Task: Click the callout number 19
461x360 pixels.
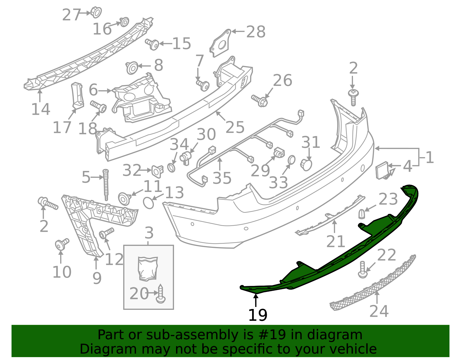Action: point(258,315)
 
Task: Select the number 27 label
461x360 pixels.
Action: point(71,15)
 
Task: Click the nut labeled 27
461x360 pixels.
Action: point(96,12)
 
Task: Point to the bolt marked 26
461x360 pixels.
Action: point(260,101)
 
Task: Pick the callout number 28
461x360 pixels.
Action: point(256,32)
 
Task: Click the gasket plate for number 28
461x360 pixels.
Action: point(221,43)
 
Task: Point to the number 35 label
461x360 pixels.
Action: point(222,178)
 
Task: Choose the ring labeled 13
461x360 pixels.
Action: point(149,202)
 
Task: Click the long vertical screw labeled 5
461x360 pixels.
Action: point(106,184)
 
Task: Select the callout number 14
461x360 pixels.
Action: point(41,109)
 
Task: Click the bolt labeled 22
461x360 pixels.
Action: point(362,269)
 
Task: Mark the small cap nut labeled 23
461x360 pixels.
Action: point(362,214)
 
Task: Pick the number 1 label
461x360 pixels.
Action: point(429,158)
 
